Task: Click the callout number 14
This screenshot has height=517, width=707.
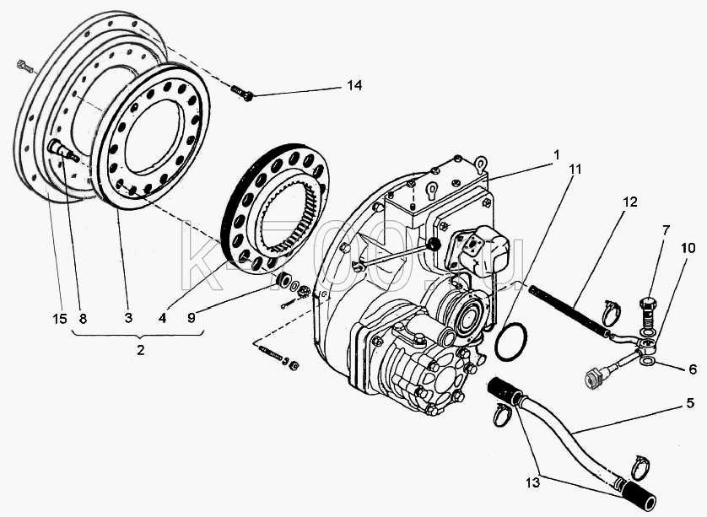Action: click(x=354, y=85)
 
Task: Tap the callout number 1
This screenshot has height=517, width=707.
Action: click(x=556, y=155)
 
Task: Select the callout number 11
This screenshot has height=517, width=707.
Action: click(x=575, y=170)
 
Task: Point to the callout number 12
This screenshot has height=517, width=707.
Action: click(x=630, y=202)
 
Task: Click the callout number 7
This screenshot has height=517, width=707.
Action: click(x=666, y=230)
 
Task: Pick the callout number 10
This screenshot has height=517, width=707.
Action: click(x=688, y=247)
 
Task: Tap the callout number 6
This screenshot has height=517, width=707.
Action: click(x=693, y=369)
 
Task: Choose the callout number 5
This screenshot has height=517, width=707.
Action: click(x=690, y=403)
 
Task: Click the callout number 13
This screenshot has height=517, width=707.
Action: click(x=532, y=482)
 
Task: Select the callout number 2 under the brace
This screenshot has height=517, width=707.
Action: click(x=141, y=349)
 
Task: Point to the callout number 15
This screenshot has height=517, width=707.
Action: click(x=60, y=318)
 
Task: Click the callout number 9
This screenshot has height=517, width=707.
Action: click(x=192, y=318)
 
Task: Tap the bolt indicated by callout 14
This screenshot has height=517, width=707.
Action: click(x=241, y=93)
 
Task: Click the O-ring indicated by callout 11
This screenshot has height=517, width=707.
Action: click(x=495, y=342)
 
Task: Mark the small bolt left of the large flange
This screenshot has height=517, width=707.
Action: click(x=24, y=67)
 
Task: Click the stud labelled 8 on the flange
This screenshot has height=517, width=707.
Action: click(x=62, y=151)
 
